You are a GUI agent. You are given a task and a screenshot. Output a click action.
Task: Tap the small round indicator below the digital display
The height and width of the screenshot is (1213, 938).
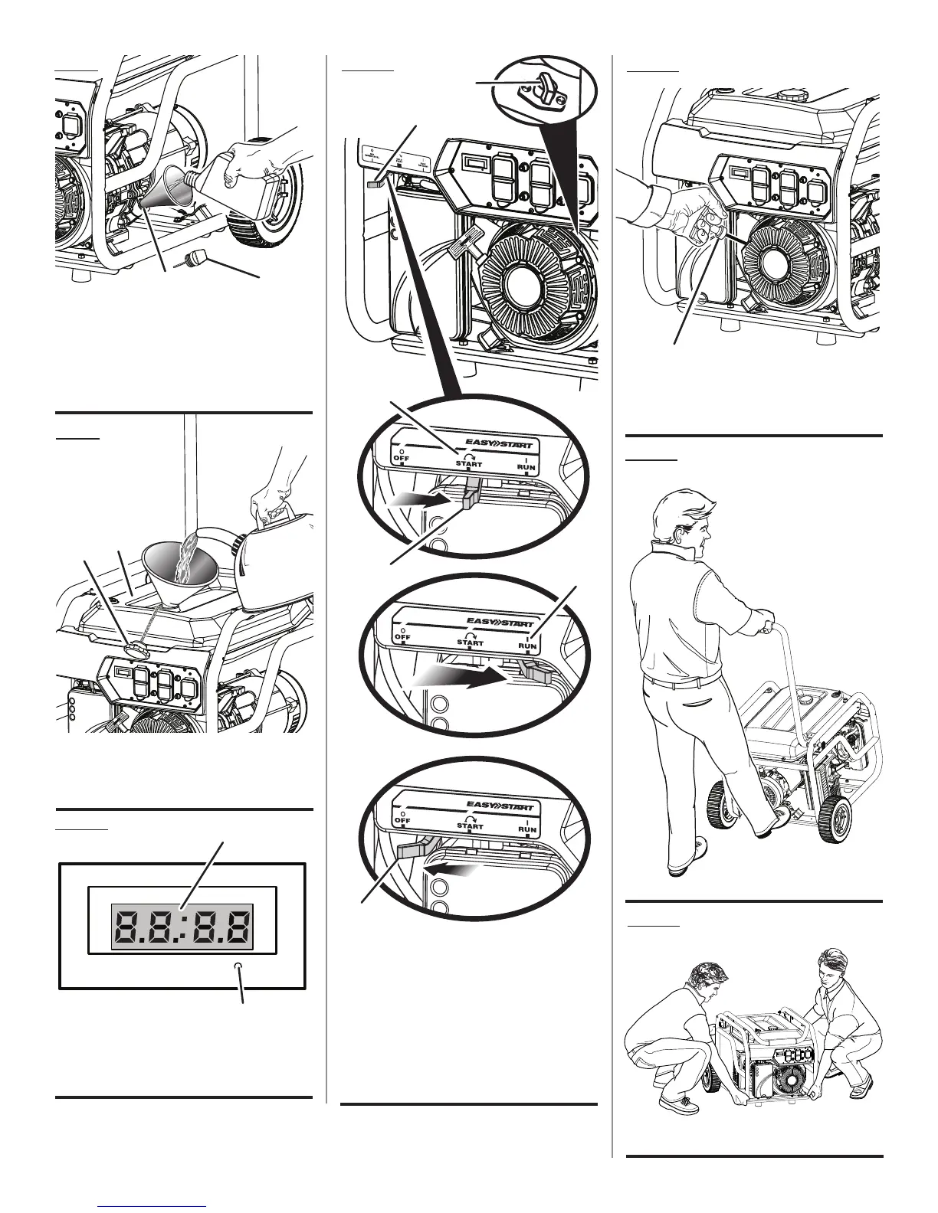click(239, 966)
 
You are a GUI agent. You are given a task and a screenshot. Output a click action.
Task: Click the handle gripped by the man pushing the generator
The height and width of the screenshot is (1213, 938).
click(766, 629)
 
